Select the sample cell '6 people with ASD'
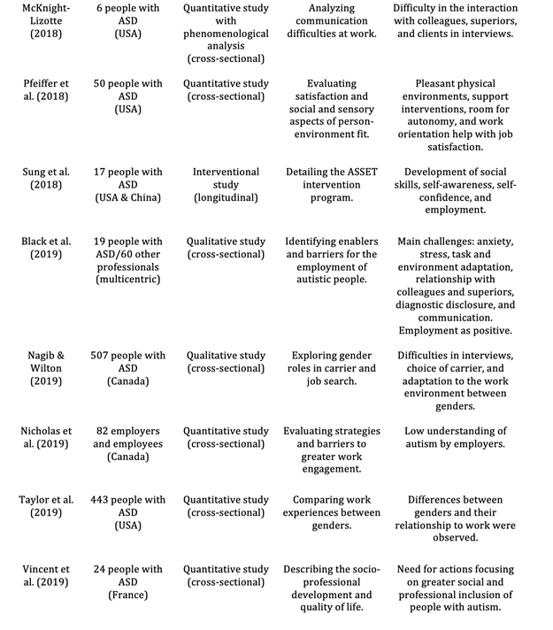click(129, 20)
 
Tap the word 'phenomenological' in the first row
click(226, 45)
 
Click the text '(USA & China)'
click(129, 197)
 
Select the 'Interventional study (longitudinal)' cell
click(226, 184)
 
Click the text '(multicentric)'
click(129, 279)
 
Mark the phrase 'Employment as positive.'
click(455, 330)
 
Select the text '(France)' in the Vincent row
click(129, 595)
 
